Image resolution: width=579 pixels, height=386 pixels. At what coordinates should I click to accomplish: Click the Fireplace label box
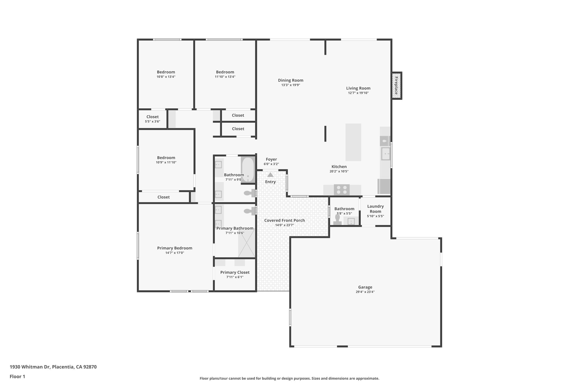click(x=396, y=86)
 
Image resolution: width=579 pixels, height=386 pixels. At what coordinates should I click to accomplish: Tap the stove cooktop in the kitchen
click(x=342, y=189)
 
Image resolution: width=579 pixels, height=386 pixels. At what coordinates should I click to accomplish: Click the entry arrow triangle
click(x=271, y=175)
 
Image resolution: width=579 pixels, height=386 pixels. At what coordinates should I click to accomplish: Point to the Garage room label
click(x=365, y=287)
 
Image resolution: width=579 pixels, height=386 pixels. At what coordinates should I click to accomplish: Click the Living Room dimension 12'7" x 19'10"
click(x=358, y=93)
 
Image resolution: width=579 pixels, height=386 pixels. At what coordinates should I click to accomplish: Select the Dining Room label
click(x=290, y=80)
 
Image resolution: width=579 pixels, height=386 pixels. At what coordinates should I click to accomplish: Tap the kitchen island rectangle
click(x=353, y=142)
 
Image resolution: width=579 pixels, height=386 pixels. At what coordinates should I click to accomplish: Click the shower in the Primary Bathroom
click(x=247, y=243)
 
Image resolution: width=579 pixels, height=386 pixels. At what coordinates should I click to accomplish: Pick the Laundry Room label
click(x=375, y=209)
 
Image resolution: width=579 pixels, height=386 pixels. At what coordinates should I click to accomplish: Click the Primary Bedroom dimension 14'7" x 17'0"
click(x=175, y=253)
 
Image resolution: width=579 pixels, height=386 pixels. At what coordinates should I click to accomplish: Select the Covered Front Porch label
click(x=284, y=220)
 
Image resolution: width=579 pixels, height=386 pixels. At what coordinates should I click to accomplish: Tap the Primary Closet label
click(x=235, y=272)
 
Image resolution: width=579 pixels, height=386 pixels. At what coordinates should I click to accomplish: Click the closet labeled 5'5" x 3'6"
click(x=152, y=119)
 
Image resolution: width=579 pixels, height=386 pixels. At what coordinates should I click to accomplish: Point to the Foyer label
click(x=271, y=159)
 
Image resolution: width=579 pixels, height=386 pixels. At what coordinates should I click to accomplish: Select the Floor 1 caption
click(x=17, y=376)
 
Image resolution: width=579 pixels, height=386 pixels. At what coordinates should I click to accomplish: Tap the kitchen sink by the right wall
click(x=385, y=154)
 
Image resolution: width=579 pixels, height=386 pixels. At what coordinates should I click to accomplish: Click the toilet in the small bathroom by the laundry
click(x=337, y=219)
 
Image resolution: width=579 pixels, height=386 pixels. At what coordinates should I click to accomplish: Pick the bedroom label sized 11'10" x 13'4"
click(x=225, y=74)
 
